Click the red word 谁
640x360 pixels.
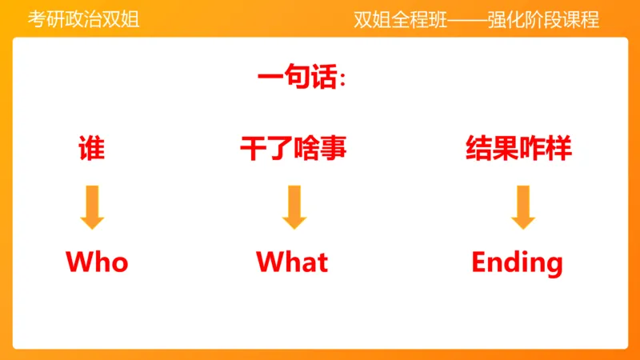pyautogui.click(x=91, y=148)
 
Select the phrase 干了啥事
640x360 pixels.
pyautogui.click(x=293, y=148)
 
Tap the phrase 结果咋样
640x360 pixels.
pyautogui.click(x=518, y=148)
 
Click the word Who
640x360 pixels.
pyautogui.click(x=97, y=262)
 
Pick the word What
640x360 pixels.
pyautogui.click(x=292, y=262)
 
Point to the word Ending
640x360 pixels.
pyautogui.click(x=517, y=262)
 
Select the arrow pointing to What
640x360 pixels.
pyautogui.click(x=294, y=206)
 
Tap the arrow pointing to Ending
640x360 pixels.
pyautogui.click(x=522, y=206)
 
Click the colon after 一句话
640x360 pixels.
pyautogui.click(x=343, y=80)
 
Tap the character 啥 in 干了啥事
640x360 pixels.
pyautogui.click(x=306, y=148)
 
